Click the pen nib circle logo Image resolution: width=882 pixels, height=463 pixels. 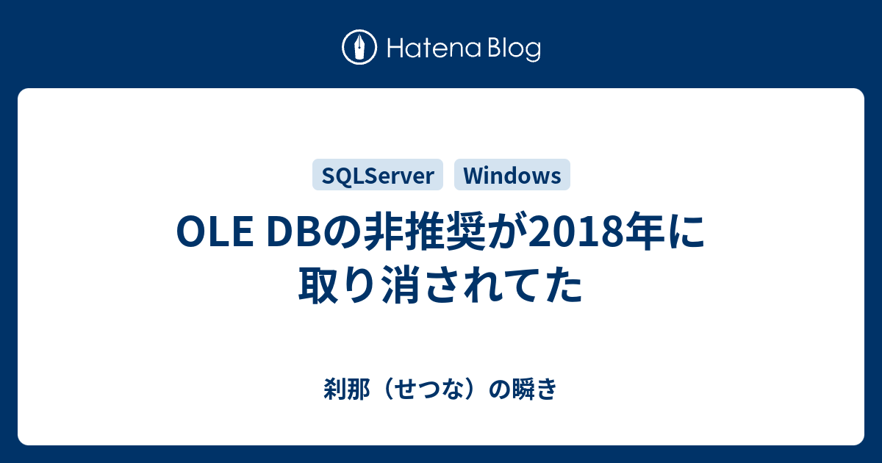coord(359,47)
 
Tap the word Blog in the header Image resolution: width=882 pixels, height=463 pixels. coord(514,49)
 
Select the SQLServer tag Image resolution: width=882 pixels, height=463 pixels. coord(378,175)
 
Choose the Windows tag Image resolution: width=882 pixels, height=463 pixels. coord(512,175)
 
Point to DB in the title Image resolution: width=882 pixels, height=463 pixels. coord(297,232)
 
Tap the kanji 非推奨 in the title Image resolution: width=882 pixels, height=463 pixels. coord(424,232)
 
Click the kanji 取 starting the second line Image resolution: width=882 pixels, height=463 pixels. coord(318,284)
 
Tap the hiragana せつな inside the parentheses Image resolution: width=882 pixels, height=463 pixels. coord(429,389)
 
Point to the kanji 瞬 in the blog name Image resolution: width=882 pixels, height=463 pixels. coord(523,389)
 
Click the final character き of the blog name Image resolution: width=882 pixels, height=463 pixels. coord(546,389)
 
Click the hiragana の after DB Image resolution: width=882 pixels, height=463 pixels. coord(345,232)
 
